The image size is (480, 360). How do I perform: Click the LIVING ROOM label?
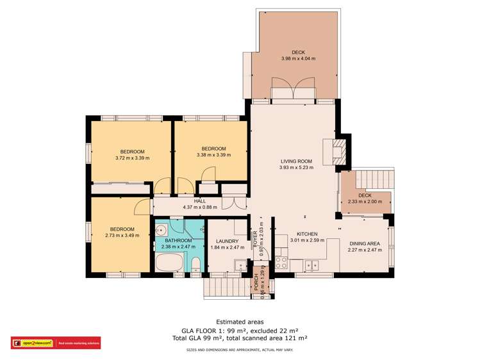pyautogui.click(x=295, y=161)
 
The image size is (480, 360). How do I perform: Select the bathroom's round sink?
pyautogui.click(x=161, y=229)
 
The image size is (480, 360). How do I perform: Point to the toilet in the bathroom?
pyautogui.click(x=196, y=263)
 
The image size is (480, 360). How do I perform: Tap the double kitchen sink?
pyautogui.click(x=311, y=263)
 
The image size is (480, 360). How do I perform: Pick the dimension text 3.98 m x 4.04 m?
pyautogui.click(x=298, y=59)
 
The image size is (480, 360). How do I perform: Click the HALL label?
pyautogui.click(x=201, y=200)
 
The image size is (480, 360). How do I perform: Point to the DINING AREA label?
pyautogui.click(x=365, y=243)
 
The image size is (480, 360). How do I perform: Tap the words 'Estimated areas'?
pyautogui.click(x=240, y=322)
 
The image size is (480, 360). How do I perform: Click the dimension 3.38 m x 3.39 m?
pyautogui.click(x=211, y=154)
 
